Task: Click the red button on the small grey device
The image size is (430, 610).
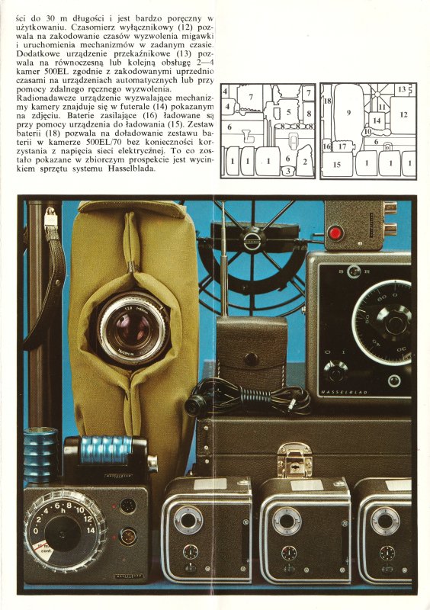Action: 335,233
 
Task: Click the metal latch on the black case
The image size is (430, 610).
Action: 294,461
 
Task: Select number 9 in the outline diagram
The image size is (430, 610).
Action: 348,112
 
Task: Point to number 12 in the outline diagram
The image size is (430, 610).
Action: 403,114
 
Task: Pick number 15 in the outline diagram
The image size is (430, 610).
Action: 337,165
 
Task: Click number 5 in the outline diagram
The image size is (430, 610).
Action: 288,112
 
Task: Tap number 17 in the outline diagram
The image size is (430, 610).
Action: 342,146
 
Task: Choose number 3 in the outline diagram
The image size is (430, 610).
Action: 288,170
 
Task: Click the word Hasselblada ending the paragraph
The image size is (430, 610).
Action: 130,169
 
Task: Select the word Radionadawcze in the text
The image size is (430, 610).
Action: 42,98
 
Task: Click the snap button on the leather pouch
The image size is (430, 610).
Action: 251,358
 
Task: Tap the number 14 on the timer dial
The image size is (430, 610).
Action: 91,530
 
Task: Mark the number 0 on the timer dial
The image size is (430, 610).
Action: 36,531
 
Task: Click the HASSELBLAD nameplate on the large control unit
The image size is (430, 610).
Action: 344,392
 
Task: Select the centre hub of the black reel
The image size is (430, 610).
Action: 255,238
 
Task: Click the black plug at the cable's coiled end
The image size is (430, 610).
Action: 194,405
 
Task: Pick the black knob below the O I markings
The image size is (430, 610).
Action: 335,371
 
